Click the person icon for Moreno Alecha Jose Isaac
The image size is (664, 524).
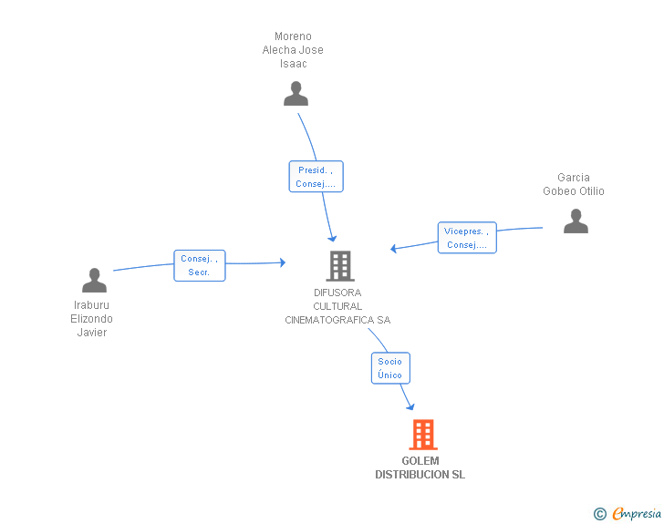pos(296,94)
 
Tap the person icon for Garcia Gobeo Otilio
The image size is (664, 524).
pos(576,221)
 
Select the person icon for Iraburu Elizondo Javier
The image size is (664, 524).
pos(95,280)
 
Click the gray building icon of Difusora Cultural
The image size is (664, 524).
pos(340,266)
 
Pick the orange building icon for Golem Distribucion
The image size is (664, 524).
pos(423,435)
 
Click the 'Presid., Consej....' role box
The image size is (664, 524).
pos(316,177)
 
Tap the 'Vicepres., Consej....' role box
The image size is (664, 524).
pos(467,238)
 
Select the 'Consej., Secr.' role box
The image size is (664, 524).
pos(200,265)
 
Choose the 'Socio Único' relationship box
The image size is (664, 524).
pos(390,368)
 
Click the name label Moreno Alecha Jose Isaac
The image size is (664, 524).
pos(293,50)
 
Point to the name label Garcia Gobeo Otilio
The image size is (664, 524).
pos(574,184)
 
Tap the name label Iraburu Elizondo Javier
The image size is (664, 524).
pos(91,319)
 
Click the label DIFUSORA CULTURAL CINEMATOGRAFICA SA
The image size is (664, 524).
pos(337,306)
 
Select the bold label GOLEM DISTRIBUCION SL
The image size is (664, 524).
pos(420,467)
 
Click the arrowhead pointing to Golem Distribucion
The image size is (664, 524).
pos(410,406)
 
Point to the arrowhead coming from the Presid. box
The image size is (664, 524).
pos(332,238)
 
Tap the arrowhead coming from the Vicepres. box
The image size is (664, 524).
pos(394,249)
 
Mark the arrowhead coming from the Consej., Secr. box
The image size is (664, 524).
pos(283,262)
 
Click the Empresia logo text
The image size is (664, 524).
pos(637,513)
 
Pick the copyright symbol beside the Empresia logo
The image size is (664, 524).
pos(600,514)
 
